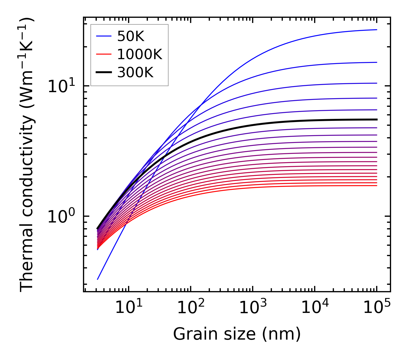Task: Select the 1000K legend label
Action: point(140,55)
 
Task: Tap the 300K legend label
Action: point(135,73)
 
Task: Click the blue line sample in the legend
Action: point(104,36)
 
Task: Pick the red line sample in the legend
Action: point(104,54)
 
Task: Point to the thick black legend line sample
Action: point(104,73)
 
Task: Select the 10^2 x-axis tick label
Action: point(191,308)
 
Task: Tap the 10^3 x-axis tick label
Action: point(253,308)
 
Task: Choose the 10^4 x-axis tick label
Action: point(315,308)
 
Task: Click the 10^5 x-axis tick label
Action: point(377,308)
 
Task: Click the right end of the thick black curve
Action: point(376,119)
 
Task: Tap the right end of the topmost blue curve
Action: point(376,30)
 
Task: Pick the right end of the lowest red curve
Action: point(376,185)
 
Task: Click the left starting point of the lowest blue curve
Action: point(98,279)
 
